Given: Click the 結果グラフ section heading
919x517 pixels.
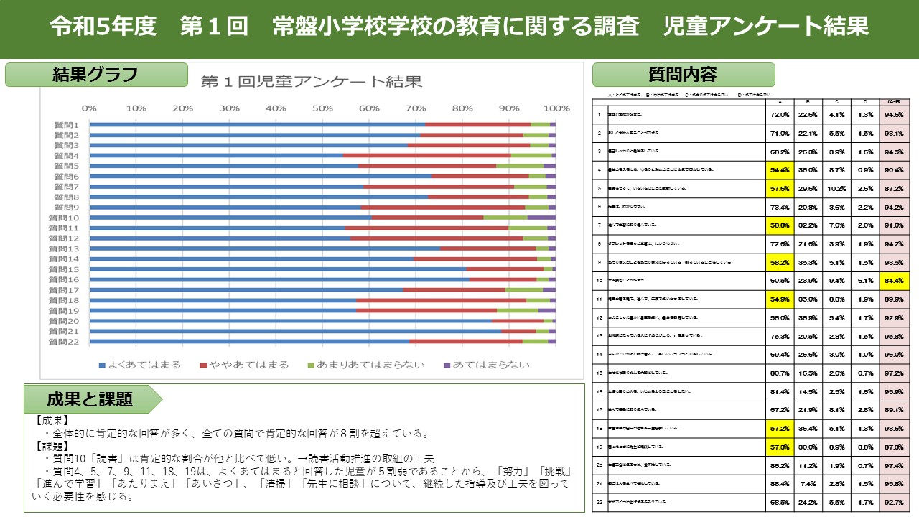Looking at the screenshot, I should pos(95,75).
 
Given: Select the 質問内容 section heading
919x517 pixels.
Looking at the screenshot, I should pos(683,75).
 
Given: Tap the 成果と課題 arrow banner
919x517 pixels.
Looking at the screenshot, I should pos(90,399).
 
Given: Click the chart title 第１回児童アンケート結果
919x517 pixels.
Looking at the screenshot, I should pos(312,82).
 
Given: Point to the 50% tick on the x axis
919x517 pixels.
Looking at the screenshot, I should pos(322,108).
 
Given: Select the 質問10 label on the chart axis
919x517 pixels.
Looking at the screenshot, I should pos(65,218).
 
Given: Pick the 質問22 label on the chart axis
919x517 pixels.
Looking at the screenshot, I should pos(65,342).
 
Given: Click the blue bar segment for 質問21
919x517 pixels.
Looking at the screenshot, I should pos(295,331).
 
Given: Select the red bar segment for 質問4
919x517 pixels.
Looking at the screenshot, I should pos(426,155).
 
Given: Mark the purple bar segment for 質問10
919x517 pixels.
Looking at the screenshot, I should pos(542,218).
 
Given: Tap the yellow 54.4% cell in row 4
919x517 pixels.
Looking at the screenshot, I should pos(779,169).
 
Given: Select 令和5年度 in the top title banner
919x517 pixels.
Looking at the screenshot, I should pos(103,27).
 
